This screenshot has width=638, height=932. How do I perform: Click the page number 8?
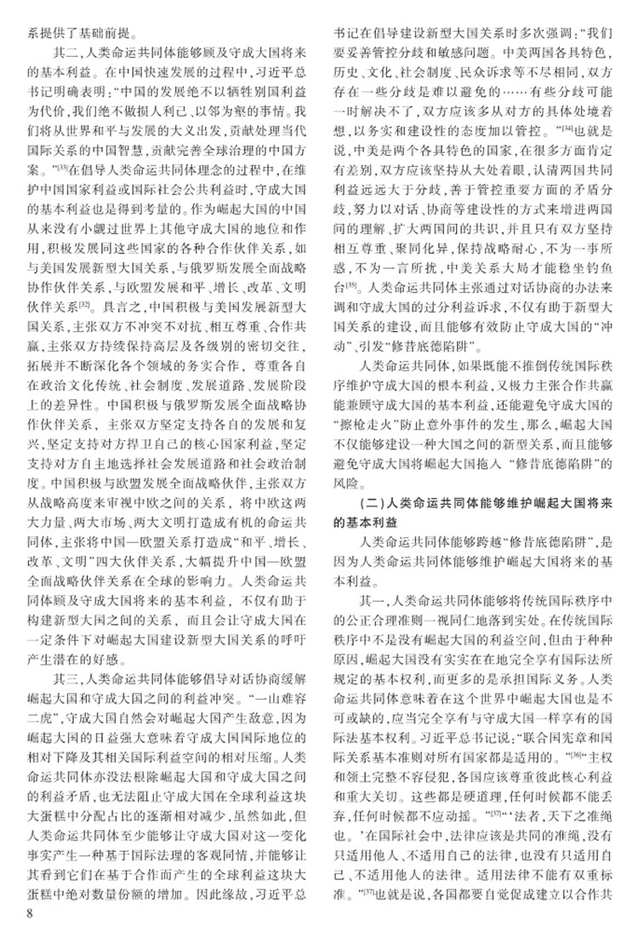(x=31, y=914)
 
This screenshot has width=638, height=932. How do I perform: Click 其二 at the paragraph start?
(x=66, y=53)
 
